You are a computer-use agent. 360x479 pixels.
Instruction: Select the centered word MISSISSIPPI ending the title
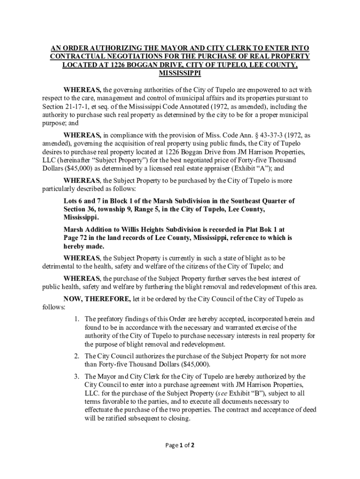[x=180, y=73]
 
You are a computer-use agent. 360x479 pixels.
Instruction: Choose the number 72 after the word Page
[x=85, y=238]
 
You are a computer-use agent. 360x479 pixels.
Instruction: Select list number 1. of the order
[x=77, y=319]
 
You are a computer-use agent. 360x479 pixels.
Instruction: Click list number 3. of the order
[x=77, y=376]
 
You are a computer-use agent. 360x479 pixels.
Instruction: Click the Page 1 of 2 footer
[x=180, y=445]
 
